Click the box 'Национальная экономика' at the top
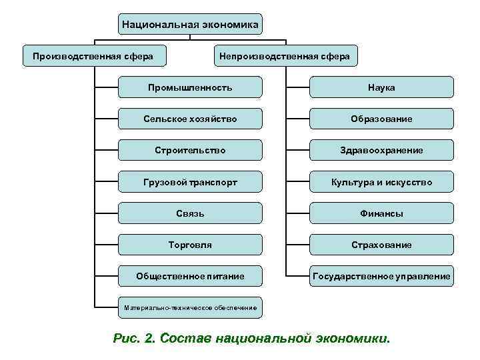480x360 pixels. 190,25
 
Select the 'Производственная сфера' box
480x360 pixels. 93,56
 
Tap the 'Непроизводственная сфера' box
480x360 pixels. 285,56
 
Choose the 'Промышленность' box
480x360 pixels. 190,87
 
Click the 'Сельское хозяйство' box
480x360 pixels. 190,119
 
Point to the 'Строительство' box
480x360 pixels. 190,150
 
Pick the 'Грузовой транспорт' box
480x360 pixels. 190,181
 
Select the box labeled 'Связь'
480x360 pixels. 190,213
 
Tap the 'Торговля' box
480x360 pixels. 190,245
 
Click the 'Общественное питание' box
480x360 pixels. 190,275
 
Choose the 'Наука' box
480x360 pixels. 381,87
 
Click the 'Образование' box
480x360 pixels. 381,119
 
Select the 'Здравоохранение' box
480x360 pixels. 381,150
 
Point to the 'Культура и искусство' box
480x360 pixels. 381,181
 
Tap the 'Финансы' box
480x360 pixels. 381,213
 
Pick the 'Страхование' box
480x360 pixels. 381,245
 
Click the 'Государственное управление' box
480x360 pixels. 381,275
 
